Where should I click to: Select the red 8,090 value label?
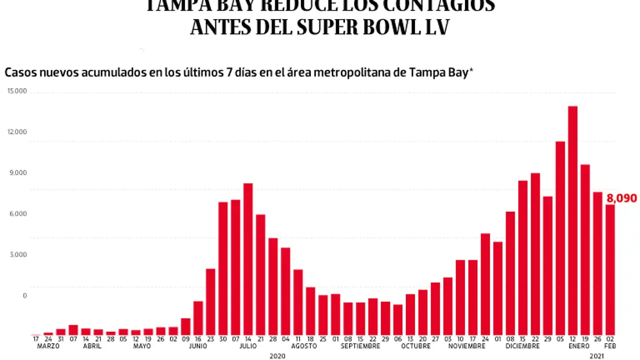pyautogui.click(x=621, y=198)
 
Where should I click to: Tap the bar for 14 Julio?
pyautogui.click(x=248, y=259)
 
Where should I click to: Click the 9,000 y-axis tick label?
pyautogui.click(x=18, y=173)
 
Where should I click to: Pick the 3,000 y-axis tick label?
pyautogui.click(x=18, y=254)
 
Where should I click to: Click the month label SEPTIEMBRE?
pyautogui.click(x=360, y=346)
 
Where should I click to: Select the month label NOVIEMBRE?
pyautogui.click(x=467, y=346)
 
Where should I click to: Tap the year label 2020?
pyautogui.click(x=277, y=355)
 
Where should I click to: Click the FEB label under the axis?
pyautogui.click(x=610, y=346)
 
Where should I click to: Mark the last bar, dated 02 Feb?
pyautogui.click(x=610, y=269)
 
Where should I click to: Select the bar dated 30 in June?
pyautogui.click(x=223, y=268)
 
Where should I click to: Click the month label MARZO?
pyautogui.click(x=48, y=346)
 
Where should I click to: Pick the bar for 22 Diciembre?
pyautogui.click(x=535, y=253)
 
